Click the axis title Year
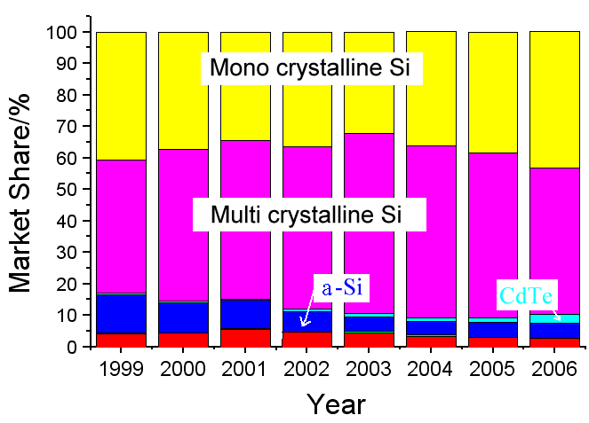pos(337,404)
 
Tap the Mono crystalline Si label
pos(310,67)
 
